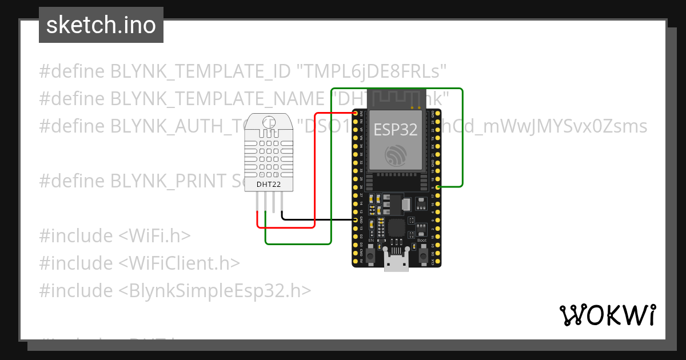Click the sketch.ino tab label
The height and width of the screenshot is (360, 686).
pyautogui.click(x=101, y=25)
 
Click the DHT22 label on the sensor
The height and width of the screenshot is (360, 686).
pyautogui.click(x=269, y=184)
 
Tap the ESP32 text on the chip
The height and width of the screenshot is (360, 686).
pyautogui.click(x=395, y=129)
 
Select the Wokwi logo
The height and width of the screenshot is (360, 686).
pyautogui.click(x=607, y=315)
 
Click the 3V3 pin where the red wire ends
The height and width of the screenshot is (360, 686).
pyautogui.click(x=356, y=114)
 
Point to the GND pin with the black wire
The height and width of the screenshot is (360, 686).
pyautogui.click(x=356, y=220)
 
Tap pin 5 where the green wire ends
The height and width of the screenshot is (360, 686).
pyautogui.click(x=438, y=187)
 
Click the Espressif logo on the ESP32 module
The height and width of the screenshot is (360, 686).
pyautogui.click(x=395, y=154)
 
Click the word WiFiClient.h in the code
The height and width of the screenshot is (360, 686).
pyautogui.click(x=180, y=263)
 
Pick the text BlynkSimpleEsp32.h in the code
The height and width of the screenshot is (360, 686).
pyautogui.click(x=215, y=291)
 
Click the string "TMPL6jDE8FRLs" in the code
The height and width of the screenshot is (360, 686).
pyautogui.click(x=371, y=71)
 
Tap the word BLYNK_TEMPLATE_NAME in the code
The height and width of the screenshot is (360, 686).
pyautogui.click(x=218, y=99)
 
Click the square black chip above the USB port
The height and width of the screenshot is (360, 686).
pyautogui.click(x=396, y=228)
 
